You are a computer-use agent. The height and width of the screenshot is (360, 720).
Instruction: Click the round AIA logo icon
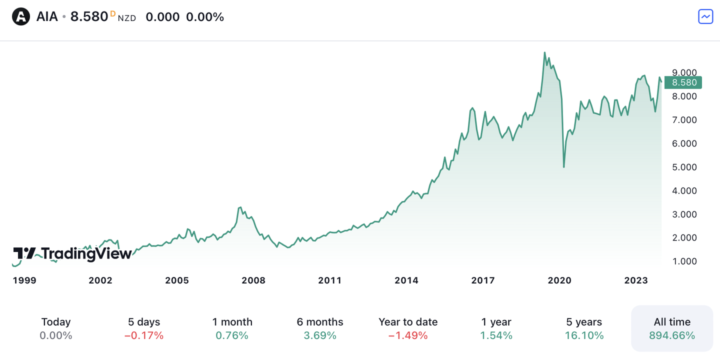pos(21,17)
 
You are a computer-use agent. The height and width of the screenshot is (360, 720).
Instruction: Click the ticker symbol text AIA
pos(47,17)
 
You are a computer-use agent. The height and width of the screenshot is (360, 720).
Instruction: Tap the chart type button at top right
pos(705,16)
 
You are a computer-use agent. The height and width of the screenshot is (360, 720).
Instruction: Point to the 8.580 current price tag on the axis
pos(683,82)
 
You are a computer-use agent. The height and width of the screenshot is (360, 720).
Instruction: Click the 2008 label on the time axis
pos(253,280)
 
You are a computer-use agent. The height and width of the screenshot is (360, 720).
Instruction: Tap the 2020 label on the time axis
pos(559,280)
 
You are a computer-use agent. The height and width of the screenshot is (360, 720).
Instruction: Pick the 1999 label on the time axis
pos(24,280)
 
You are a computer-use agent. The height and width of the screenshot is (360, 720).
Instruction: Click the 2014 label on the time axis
pos(406,280)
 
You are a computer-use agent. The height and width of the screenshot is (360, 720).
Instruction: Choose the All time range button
pos(672,328)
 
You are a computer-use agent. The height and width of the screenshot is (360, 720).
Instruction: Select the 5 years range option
pos(584,328)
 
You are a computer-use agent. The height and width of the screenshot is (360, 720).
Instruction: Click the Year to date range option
pos(408,328)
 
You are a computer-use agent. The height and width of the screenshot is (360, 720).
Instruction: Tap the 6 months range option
pos(320,328)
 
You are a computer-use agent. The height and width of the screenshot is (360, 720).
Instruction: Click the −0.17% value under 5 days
pos(144,335)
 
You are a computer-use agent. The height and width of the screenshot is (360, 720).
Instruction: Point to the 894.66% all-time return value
pos(672,335)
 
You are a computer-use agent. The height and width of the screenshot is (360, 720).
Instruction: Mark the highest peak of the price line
pos(544,52)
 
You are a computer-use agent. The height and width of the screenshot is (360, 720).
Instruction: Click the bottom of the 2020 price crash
pos(564,166)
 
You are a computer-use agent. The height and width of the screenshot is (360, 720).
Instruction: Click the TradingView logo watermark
pos(72,253)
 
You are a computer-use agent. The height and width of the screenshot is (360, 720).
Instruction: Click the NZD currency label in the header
pos(127,18)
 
